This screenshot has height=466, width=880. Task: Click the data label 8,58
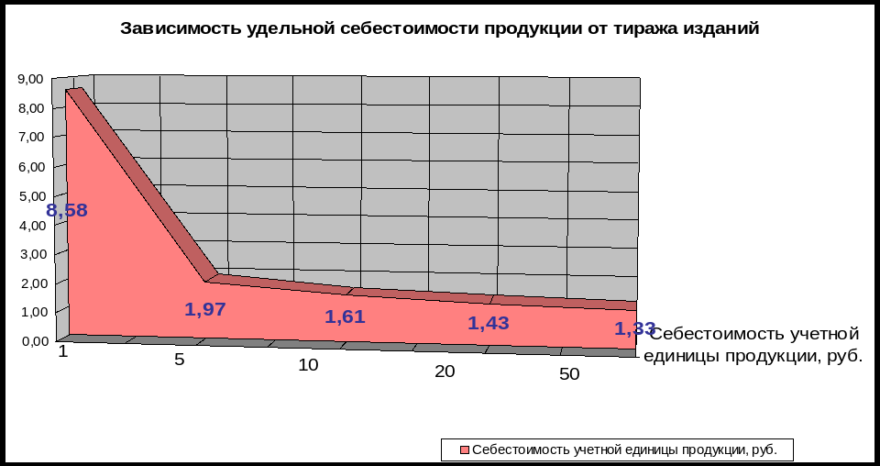pos(67,211)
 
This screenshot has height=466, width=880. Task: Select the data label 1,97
pos(205,310)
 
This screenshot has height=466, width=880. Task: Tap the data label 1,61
pos(345,317)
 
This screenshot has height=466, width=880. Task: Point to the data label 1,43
pos(488,323)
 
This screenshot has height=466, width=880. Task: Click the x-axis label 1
pos(63,351)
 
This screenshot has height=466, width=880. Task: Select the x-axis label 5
pos(180,359)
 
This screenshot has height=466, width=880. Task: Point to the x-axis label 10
pos(308,365)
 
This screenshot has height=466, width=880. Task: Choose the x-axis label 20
pos(445,372)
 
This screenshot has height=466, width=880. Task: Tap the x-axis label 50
pos(568,375)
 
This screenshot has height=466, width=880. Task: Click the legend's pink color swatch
pos(464,450)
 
